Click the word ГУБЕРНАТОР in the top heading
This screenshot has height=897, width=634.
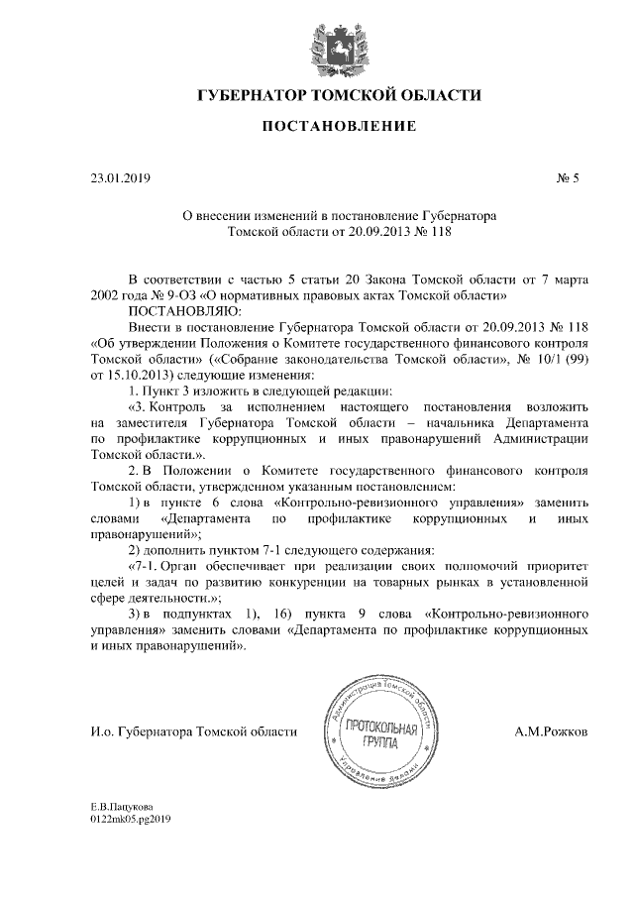pyautogui.click(x=254, y=96)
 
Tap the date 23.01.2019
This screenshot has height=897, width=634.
pyautogui.click(x=119, y=178)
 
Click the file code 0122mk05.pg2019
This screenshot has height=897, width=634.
pyautogui.click(x=131, y=820)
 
